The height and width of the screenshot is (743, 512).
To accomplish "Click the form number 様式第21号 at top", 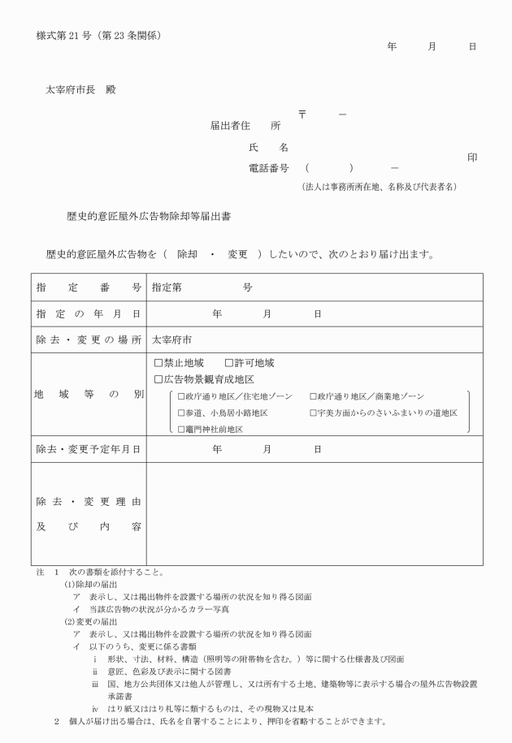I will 68,37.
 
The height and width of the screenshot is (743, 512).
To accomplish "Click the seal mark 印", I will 472,158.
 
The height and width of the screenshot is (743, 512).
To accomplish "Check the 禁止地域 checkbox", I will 159,363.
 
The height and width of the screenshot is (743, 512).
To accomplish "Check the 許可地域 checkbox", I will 229,363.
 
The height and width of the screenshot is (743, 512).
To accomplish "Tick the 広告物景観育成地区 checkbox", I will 159,379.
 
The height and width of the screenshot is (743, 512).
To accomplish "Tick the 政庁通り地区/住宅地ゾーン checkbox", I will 182,396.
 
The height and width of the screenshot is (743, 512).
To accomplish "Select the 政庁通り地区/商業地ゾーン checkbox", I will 314,396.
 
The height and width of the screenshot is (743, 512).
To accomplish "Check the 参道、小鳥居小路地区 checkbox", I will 182,413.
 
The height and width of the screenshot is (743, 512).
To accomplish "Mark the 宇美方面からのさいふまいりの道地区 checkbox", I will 314,413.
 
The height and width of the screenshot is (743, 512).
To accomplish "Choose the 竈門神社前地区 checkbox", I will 182,429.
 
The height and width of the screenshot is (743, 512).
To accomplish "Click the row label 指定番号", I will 89,287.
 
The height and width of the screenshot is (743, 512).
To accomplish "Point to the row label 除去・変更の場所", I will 89,339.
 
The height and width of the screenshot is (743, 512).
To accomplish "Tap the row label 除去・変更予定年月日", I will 89,448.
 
